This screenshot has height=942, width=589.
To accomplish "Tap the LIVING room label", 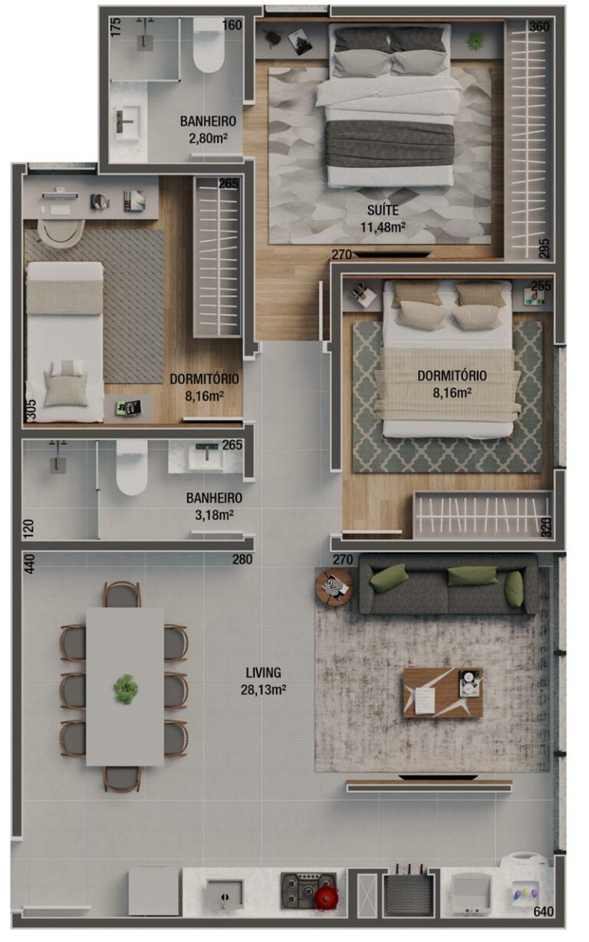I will tap(264, 673).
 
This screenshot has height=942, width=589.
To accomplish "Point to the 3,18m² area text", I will tap(214, 514).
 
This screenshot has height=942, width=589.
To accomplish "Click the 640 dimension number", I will tap(544, 912).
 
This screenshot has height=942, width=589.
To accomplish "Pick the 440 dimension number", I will tap(29, 565).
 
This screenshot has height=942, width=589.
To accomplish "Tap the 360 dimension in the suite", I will tap(539, 26).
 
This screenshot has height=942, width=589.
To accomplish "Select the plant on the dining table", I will tap(125, 688).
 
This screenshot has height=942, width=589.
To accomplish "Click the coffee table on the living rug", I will tap(443, 692).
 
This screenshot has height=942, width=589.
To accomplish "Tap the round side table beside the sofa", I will tap(334, 586).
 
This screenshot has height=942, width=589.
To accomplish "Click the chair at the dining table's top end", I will tap(123, 594).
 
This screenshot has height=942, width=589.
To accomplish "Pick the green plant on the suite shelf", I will tap(475, 40).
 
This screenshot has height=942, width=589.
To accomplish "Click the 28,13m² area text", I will tap(264, 688).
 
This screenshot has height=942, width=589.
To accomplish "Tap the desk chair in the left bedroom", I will tap(61, 231).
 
